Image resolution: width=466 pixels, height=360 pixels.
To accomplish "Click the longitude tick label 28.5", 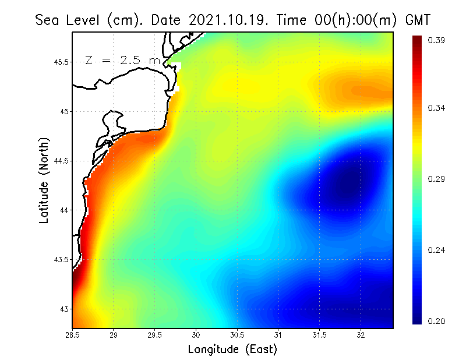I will click(73, 335).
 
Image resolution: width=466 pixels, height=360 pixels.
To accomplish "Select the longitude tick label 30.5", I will click(237, 335).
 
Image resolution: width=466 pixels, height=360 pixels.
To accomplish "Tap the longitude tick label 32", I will click(361, 335).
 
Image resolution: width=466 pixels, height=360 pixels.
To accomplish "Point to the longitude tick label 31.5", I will click(319, 335).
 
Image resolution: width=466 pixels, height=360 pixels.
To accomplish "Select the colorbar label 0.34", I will click(436, 108).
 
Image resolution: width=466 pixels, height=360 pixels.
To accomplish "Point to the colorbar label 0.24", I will click(436, 250).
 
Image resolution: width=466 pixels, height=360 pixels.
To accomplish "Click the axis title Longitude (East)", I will click(232, 350).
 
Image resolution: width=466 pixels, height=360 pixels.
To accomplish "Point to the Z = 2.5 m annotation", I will click(122, 60).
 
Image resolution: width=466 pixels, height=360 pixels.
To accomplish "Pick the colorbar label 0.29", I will click(436, 179).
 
